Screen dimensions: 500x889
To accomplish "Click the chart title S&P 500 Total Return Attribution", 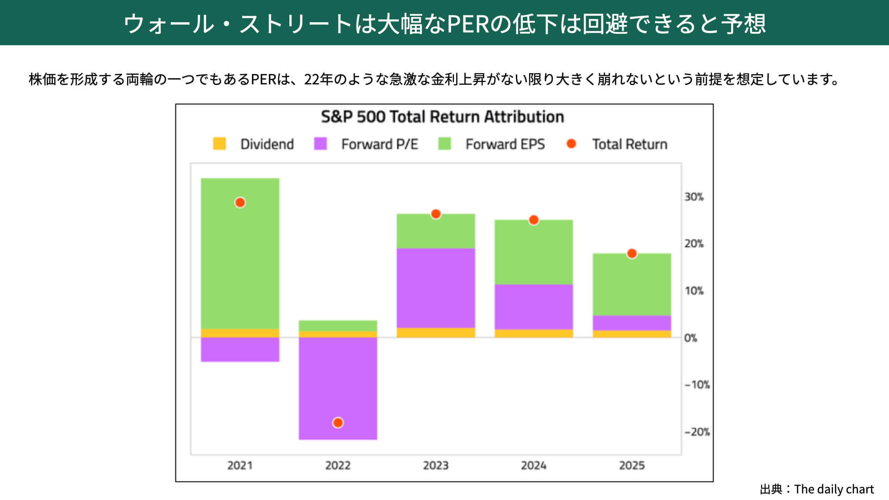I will coord(442,117).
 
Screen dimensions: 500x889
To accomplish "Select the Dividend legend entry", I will coord(253,144).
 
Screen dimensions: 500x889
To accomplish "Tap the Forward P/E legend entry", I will coord(366,144).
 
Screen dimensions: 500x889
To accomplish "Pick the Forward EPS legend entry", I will coord(491,144).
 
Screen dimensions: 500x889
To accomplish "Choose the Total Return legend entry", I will coord(617,144).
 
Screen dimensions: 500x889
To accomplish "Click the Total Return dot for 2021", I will coord(240,203).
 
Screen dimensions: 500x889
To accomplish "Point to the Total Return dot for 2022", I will coord(338,423).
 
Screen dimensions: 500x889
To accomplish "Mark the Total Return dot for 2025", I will coord(632,254).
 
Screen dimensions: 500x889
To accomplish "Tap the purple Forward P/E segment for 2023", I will coord(436,288).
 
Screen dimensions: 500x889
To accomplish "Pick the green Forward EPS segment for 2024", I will coord(533,252).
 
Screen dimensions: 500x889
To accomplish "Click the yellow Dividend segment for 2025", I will coord(632,334).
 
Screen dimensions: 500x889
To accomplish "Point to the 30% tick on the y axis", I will coord(694,197).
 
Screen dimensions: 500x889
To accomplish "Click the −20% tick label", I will coord(696,432).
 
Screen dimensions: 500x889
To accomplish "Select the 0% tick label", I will coord(690,338).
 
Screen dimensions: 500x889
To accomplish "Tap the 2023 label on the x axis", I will coord(436,465).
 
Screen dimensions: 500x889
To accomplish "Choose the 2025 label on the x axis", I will coord(632,465).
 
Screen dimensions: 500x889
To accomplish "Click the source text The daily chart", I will coord(833,489).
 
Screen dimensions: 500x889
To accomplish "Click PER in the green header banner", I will coord(468,24).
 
